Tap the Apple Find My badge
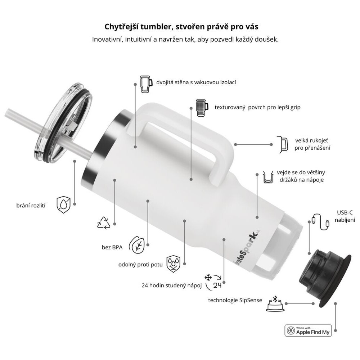click(308, 330)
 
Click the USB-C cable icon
click(321, 222)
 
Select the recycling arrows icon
click(104, 223)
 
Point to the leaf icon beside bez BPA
click(137, 245)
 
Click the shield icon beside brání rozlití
click(63, 204)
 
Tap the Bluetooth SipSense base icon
click(275, 304)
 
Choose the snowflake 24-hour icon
click(213, 281)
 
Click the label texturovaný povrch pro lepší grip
click(257, 107)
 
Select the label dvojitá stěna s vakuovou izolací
click(196, 82)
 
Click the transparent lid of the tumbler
click(62, 123)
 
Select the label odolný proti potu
click(140, 265)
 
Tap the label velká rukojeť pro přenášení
click(312, 144)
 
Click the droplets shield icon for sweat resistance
click(174, 264)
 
